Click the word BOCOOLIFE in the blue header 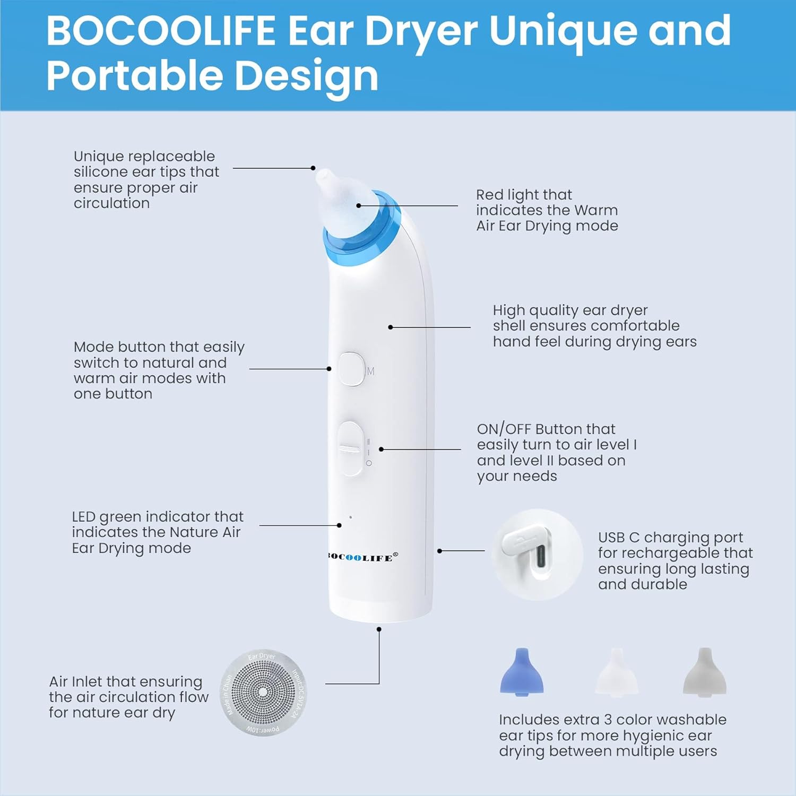pyautogui.click(x=161, y=31)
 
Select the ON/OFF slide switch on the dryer pyautogui.click(x=350, y=448)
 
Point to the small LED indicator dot pyautogui.click(x=350, y=517)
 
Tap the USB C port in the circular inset pyautogui.click(x=541, y=556)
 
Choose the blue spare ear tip pyautogui.click(x=522, y=671)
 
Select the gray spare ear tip pyautogui.click(x=704, y=671)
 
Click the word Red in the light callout pyautogui.click(x=489, y=195)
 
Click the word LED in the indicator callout pyautogui.click(x=83, y=517)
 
